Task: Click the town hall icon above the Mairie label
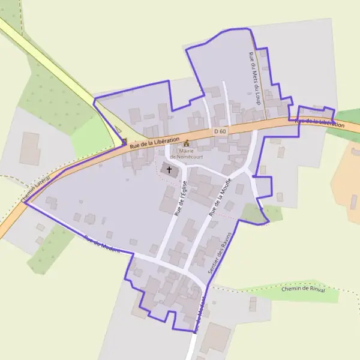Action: coord(186,143)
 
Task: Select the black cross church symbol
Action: coord(169,170)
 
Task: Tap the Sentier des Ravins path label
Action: coord(219,253)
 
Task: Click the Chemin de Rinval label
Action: coord(303,289)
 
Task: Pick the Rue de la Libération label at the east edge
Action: coord(320,122)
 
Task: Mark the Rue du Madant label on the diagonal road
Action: coord(99,243)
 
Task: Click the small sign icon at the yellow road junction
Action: coord(124,142)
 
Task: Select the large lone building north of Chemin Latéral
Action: coord(30,148)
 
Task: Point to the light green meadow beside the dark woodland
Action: coord(87,134)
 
